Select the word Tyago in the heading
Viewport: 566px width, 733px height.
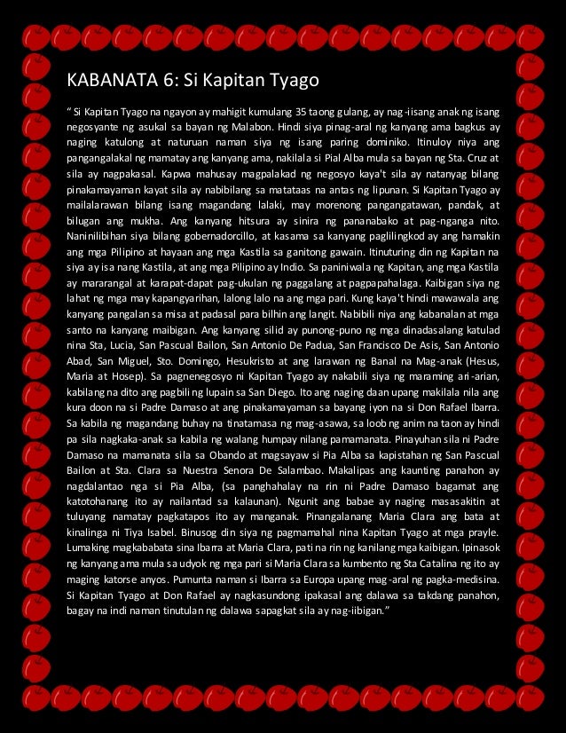(292, 83)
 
